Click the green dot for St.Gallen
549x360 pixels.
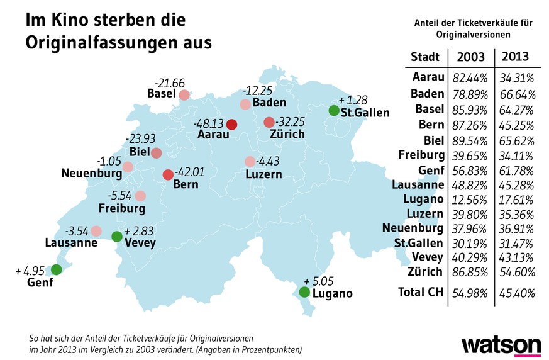(x=333, y=110)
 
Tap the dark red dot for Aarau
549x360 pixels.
(x=231, y=124)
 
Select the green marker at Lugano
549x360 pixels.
(x=304, y=292)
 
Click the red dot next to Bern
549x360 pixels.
(x=168, y=174)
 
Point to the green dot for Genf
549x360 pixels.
(x=56, y=270)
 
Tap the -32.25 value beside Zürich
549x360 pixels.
(x=291, y=121)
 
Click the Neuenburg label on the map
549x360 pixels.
(x=91, y=172)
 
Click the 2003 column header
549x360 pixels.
(x=471, y=57)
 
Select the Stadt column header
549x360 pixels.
(x=424, y=57)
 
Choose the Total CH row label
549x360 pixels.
(x=417, y=292)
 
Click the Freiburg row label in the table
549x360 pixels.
(x=421, y=154)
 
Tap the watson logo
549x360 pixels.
(x=501, y=346)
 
